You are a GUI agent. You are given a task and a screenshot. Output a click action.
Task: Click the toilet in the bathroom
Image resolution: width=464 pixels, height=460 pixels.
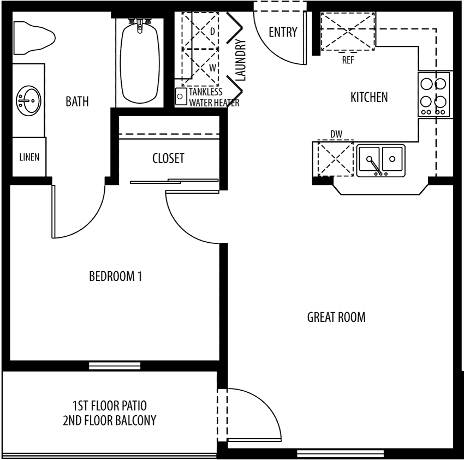point(34,38)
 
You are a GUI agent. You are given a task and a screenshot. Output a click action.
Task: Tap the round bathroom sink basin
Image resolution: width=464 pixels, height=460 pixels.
point(28,100)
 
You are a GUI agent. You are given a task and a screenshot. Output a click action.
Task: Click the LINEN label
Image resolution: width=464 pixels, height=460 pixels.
point(29,157)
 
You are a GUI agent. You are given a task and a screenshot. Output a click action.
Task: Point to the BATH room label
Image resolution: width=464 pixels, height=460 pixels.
point(77,101)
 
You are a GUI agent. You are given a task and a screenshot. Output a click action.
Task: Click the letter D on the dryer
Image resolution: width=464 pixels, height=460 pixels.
point(212,31)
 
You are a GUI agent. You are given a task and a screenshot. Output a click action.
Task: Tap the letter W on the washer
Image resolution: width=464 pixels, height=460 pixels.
point(212,68)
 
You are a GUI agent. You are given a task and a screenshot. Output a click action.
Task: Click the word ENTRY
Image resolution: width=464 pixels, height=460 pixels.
point(283,32)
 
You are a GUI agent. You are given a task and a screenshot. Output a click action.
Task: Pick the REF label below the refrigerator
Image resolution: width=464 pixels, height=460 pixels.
point(348,60)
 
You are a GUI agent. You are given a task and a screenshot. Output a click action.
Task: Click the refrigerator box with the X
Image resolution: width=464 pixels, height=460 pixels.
point(348,31)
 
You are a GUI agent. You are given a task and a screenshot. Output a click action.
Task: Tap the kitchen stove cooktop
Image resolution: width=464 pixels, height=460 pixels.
point(434,94)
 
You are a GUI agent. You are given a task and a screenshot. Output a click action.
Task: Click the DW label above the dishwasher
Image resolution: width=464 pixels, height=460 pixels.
point(336,134)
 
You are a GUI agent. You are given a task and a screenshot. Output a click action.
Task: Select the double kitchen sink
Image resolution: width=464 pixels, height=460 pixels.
point(381,160)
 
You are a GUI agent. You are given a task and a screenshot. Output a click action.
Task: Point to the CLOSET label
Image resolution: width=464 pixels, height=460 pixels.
point(168,158)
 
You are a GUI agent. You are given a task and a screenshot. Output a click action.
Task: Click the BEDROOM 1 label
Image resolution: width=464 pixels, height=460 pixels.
point(115,276)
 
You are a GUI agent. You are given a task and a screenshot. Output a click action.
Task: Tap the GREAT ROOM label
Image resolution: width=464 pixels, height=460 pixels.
point(336,317)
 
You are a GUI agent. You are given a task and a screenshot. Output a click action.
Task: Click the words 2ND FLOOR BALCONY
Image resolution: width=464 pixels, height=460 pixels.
point(110,420)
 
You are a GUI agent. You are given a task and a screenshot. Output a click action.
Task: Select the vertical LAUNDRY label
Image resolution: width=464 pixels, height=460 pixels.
point(241,61)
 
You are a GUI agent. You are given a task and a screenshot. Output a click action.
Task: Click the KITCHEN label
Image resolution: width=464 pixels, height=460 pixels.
point(369,97)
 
